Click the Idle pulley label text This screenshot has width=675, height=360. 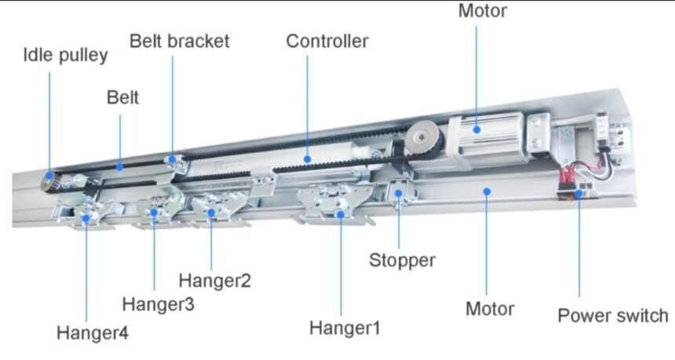coord(65,56)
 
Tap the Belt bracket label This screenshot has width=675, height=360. coord(180,41)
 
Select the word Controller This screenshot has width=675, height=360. coord(327,41)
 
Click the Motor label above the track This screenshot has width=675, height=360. coord(482,11)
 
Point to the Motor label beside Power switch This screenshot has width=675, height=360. coord(490,308)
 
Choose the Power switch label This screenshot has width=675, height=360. coord(612,315)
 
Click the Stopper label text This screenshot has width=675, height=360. coord(402,260)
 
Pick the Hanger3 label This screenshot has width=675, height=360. coord(158,303)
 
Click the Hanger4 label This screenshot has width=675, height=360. coord(92,333)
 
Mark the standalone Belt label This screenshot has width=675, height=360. coord(122,97)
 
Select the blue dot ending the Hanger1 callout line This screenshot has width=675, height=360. coord(341,213)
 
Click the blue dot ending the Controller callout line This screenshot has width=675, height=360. coord(308,158)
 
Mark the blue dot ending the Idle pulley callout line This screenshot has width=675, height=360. coord(49,176)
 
